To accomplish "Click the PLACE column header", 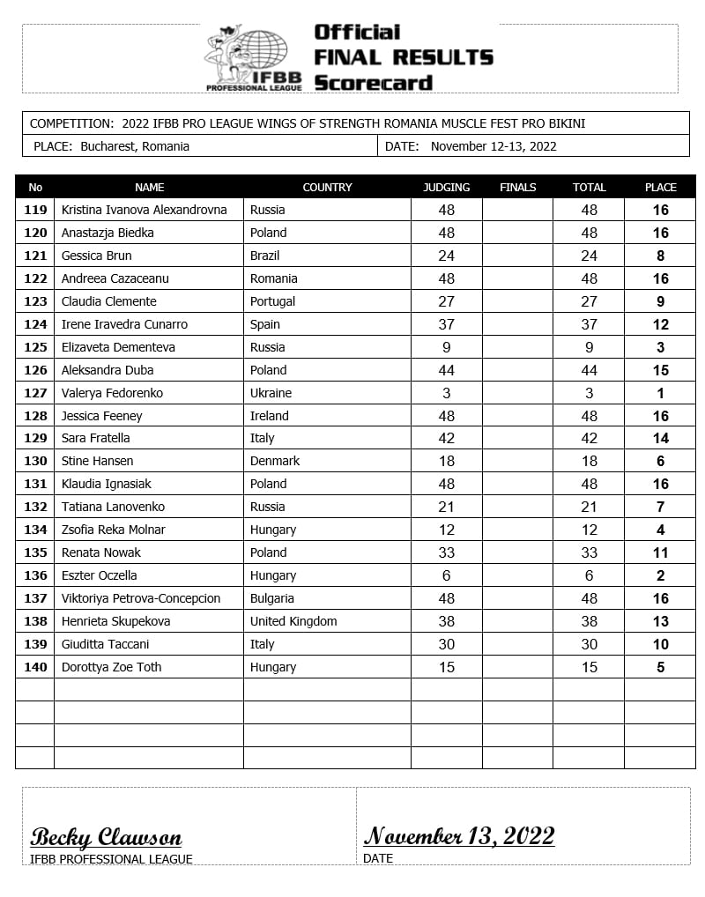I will (x=660, y=187).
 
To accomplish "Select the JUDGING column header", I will (x=447, y=187).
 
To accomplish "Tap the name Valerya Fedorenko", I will (x=112, y=393).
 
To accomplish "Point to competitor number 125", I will (x=35, y=347).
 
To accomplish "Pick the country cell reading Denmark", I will (x=275, y=461).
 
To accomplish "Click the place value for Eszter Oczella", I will (x=660, y=575).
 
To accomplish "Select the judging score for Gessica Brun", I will (x=447, y=256).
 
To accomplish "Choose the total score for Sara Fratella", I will (x=589, y=438).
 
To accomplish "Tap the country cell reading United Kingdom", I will (x=293, y=621).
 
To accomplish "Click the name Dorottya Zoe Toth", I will (x=111, y=667).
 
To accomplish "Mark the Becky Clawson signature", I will (x=106, y=837).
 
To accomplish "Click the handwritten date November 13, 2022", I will (x=459, y=835).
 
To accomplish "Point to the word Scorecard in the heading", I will (x=373, y=84).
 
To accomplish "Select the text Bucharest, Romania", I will (x=135, y=146).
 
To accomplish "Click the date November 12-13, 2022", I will (x=493, y=146).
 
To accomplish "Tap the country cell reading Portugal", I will (x=272, y=301).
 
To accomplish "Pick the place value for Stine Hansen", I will (x=660, y=461).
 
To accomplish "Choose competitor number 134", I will (x=35, y=530).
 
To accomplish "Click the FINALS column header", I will (x=517, y=187).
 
